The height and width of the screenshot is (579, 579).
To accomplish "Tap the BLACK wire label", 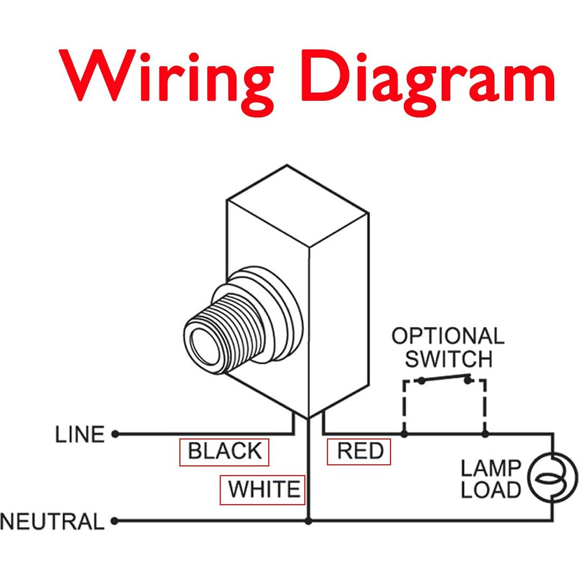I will (x=224, y=451).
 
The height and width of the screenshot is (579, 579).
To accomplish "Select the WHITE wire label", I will (x=263, y=490).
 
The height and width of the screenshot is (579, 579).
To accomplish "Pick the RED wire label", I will (x=359, y=451).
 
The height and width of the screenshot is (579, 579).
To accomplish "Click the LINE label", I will (x=80, y=434).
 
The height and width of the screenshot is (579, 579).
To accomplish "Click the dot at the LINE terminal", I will (x=115, y=434).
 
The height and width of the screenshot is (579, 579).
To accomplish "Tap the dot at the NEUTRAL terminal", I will (x=114, y=521).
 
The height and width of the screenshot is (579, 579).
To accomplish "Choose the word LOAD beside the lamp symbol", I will (x=491, y=490).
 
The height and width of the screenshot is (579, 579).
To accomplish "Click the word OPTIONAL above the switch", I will (x=448, y=336).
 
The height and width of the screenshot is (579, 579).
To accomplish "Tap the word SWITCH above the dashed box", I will (x=449, y=359).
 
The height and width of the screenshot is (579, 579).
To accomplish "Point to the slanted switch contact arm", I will (x=445, y=378).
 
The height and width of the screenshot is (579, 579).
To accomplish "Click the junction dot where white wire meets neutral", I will (x=308, y=521).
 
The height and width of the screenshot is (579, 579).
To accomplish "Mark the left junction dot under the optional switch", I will (x=404, y=433).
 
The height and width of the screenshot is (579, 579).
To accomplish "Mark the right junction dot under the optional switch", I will (x=485, y=433).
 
